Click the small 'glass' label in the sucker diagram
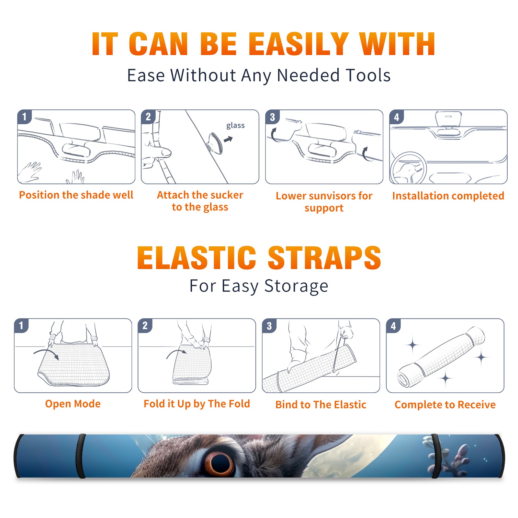235,126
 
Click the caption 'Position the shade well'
76,195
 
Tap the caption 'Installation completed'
448,196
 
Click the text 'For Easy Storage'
259,286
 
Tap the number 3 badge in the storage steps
269,326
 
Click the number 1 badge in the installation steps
25,117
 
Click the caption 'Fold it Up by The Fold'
197,404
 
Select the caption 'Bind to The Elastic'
321,405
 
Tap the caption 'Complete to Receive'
445,405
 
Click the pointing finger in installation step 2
159,152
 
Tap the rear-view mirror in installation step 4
448,119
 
